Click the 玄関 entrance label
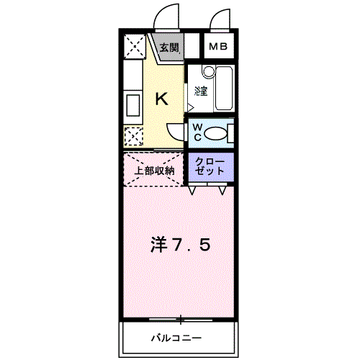coord(169,48)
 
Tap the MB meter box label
coord(217,48)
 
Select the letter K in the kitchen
coord(162,99)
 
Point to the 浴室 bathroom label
coord(201,91)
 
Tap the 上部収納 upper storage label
coord(155,171)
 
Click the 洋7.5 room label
coord(180,245)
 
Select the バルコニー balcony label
coord(176,337)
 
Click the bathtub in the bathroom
coord(223,89)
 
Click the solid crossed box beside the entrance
coord(133,48)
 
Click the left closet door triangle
coord(194,191)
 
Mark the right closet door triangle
coord(222,191)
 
